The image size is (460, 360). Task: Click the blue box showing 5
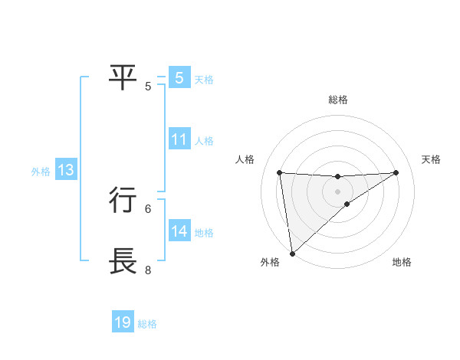[179, 77]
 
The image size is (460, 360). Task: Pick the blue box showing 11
[179, 139]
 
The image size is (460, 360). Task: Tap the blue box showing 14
[179, 231]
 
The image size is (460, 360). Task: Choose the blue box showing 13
[66, 171]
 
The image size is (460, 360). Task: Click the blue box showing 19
[123, 322]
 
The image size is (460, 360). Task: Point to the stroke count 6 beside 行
[148, 208]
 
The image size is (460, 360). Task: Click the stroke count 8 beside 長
[148, 270]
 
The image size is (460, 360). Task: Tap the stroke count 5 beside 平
[148, 86]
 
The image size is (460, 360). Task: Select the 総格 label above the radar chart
[338, 100]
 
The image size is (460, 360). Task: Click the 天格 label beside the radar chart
[432, 159]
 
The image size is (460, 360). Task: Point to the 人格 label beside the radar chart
[245, 159]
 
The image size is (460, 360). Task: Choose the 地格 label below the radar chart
[402, 262]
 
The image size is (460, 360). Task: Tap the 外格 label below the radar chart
[270, 262]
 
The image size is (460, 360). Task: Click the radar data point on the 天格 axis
[396, 172]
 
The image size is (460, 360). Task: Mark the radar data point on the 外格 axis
[292, 253]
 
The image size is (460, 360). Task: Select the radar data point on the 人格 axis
[280, 172]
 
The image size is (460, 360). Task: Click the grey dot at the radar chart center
[338, 191]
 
